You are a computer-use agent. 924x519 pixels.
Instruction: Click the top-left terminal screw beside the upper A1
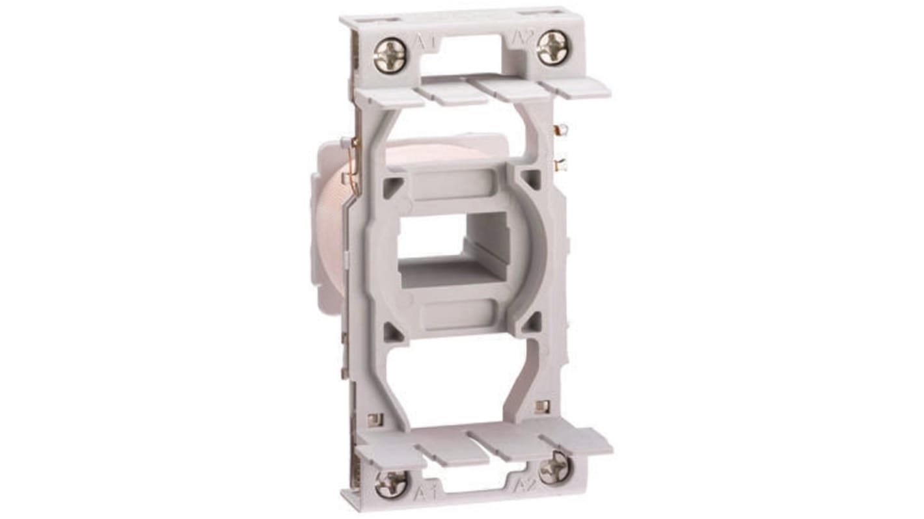(x=390, y=55)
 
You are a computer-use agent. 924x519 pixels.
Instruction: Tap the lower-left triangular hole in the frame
(x=392, y=332)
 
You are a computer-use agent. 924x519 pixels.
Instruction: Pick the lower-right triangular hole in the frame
(x=532, y=321)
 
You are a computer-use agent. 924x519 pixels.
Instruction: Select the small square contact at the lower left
(x=373, y=419)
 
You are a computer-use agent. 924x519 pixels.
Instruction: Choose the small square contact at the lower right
(x=541, y=406)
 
